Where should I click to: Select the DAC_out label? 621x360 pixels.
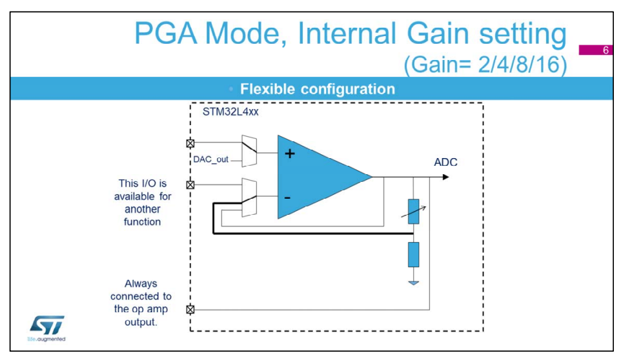210,159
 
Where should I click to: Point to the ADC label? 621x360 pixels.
445,162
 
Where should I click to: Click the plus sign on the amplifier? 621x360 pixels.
290,154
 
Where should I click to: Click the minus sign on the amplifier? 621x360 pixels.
287,197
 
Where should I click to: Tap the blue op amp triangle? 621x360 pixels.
316,175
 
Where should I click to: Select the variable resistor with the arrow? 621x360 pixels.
414,210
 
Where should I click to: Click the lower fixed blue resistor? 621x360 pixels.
414,254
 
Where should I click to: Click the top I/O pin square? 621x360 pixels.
190,143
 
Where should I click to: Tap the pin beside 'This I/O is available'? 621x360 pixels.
190,185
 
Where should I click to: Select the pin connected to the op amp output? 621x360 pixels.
190,309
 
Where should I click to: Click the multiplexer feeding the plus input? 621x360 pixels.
249,151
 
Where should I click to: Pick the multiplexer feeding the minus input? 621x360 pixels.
249,194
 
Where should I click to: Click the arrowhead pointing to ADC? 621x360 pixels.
445,176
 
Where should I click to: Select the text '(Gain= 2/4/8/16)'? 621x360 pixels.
485,65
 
